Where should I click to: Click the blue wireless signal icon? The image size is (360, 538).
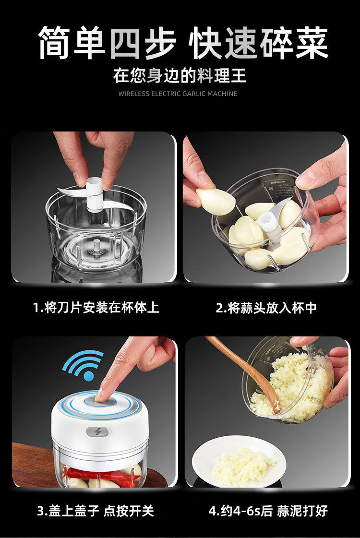(84, 365)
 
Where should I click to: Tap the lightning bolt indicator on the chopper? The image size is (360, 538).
(98, 431)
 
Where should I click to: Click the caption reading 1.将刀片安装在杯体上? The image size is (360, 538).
(96, 307)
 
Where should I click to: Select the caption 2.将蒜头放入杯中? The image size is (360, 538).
(266, 308)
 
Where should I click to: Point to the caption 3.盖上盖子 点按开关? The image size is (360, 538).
(96, 511)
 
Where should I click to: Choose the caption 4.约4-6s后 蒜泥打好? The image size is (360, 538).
(268, 511)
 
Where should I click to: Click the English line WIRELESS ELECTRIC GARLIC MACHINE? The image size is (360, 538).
(178, 94)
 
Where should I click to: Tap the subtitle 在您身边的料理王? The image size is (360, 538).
(180, 76)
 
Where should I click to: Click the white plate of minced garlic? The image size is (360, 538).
(239, 462)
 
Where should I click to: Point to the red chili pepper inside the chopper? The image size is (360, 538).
(103, 475)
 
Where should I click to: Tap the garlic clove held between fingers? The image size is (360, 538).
(216, 202)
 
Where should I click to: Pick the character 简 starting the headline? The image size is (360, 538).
(55, 43)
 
